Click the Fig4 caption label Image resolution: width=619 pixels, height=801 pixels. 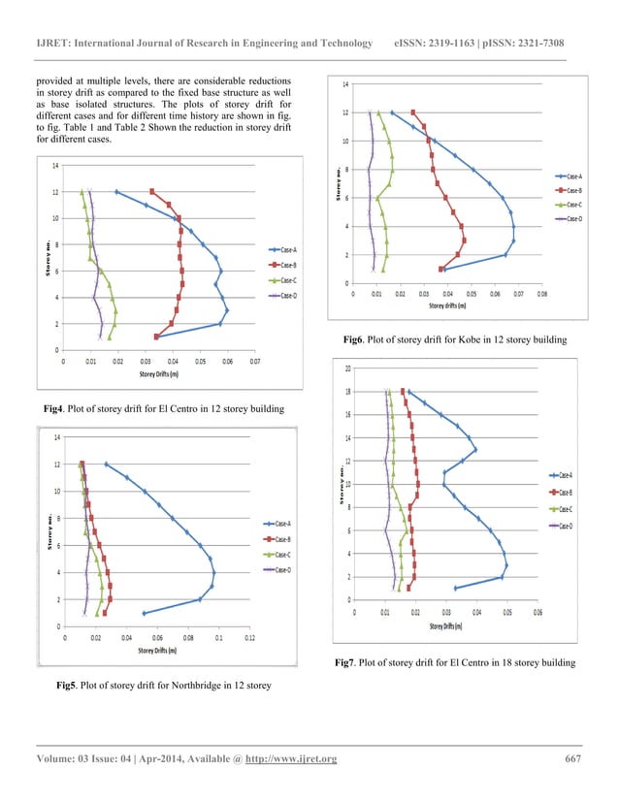44,410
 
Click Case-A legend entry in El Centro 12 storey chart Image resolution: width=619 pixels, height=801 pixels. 287,250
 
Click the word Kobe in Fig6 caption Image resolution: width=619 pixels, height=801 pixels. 468,340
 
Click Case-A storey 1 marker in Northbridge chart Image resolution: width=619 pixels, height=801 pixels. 144,613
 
